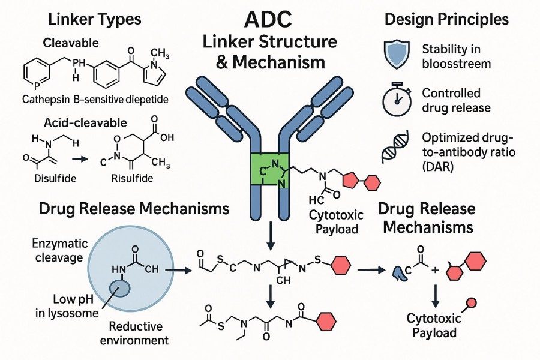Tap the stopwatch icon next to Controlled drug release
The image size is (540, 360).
[x=396, y=101]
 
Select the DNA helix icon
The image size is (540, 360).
[x=396, y=150]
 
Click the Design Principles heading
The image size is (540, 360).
[x=446, y=19]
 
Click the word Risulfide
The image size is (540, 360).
[x=132, y=178]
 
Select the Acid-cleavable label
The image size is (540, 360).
[x=85, y=122]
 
